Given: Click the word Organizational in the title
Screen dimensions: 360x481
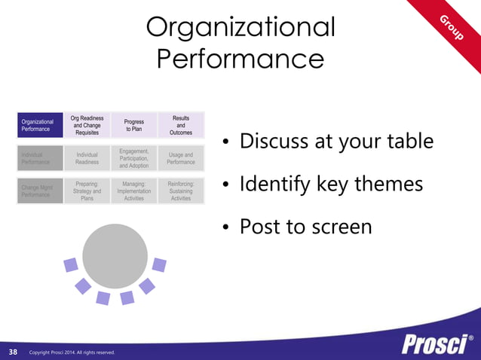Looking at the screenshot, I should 240,27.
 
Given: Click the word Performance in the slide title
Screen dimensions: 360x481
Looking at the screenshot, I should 240,59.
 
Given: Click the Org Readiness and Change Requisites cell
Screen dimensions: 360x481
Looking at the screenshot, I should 87,125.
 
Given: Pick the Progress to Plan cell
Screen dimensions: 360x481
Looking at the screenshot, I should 134,125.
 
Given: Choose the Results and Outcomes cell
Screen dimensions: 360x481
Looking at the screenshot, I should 181,125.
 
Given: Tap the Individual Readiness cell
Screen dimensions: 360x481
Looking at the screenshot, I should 87,157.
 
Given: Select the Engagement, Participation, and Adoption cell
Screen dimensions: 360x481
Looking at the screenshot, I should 134,158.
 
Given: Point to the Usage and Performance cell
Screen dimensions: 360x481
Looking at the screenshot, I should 181,157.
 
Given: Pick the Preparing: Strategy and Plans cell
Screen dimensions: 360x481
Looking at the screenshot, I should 87,191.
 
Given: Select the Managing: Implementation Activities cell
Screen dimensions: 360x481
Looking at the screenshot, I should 134,191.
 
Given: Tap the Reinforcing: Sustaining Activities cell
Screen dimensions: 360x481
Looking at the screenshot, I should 181,191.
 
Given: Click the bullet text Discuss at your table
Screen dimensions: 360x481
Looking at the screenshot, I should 336,142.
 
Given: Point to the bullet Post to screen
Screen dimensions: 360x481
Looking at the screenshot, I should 305,226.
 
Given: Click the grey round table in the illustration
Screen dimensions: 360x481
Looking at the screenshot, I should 115,255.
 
